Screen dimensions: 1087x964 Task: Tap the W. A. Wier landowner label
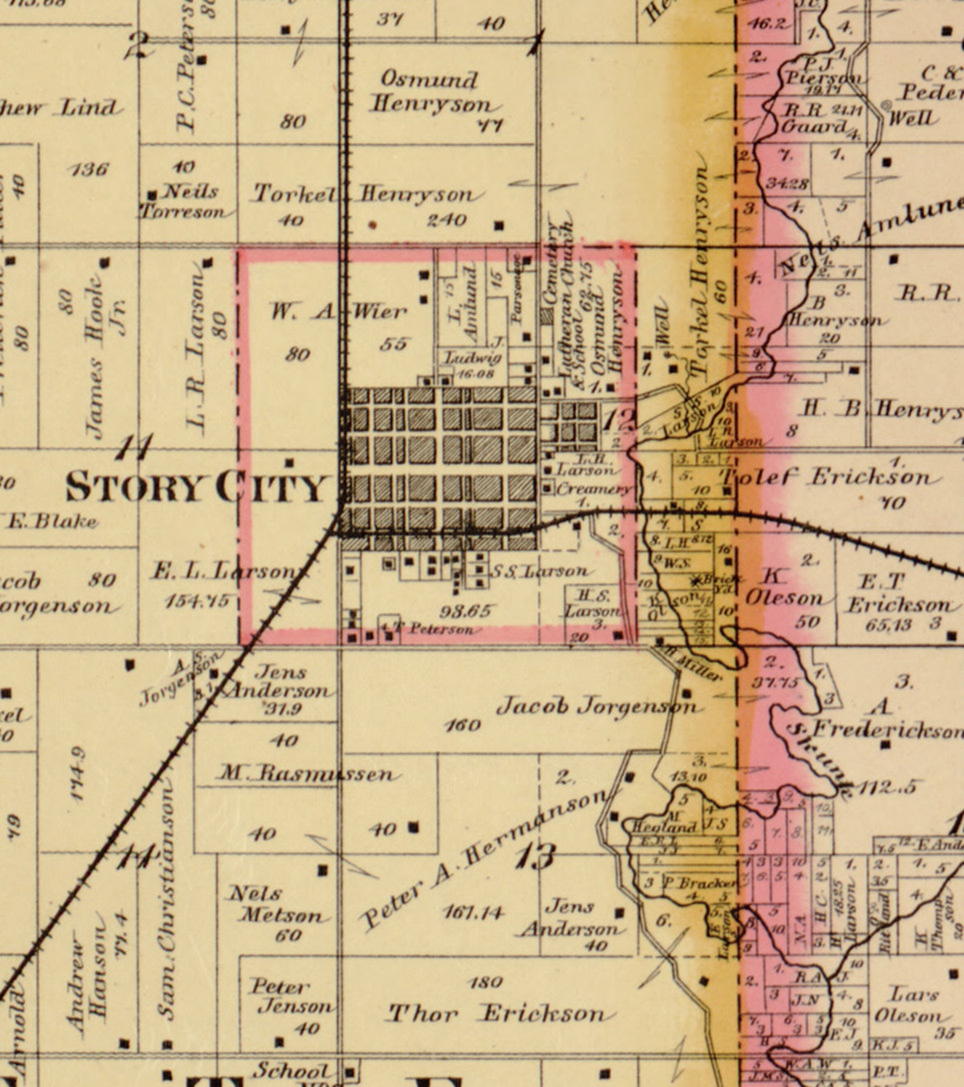(338, 312)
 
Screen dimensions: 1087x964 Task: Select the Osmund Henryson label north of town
(430, 92)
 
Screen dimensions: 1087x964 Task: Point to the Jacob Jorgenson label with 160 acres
(597, 706)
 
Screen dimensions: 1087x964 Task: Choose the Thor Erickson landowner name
(497, 1014)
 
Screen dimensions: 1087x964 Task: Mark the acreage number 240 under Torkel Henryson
(447, 220)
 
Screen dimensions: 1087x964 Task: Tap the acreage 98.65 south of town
(466, 611)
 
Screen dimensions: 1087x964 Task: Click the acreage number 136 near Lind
(89, 169)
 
